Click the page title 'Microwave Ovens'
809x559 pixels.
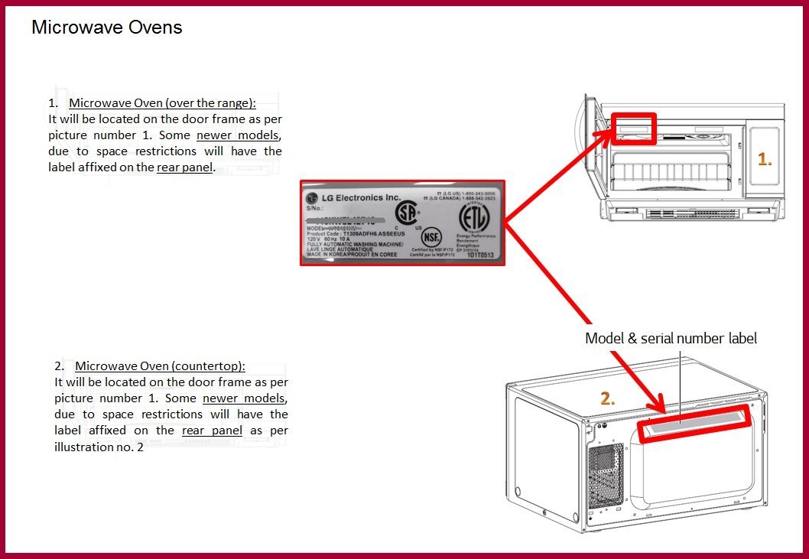tap(106, 28)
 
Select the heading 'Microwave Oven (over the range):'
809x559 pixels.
tap(162, 103)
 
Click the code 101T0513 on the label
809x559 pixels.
tap(482, 255)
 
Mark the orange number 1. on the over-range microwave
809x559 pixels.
tap(765, 159)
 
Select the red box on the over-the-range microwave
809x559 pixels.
tap(633, 128)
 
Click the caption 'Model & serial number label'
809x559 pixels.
tap(671, 338)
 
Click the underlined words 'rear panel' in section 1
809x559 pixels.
tap(185, 167)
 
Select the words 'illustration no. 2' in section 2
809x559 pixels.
tap(99, 447)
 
